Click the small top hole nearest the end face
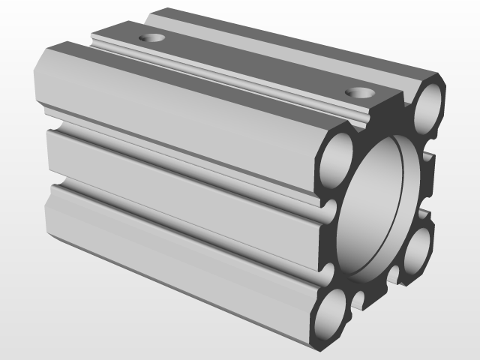pyautogui.click(x=361, y=93)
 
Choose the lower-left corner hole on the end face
pyautogui.click(x=328, y=316)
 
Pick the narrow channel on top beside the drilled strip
pyautogui.click(x=225, y=76)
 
